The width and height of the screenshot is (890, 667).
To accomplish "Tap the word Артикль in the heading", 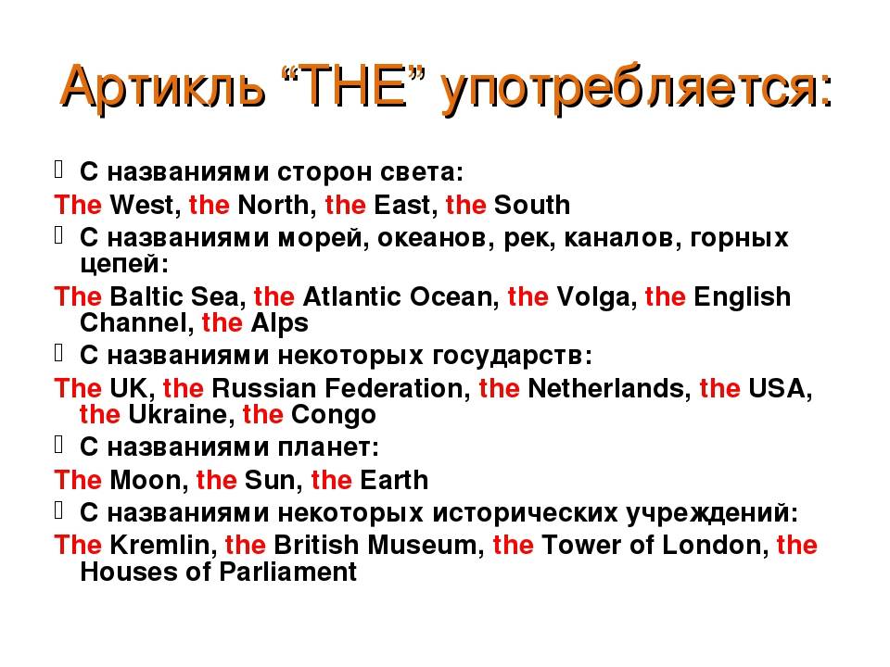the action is tap(162, 87).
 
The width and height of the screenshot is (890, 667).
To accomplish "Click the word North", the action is tap(273, 205).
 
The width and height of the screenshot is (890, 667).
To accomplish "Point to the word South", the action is tap(532, 205).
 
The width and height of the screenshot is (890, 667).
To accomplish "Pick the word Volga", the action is tap(592, 297).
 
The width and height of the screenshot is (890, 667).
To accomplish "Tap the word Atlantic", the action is tap(352, 296).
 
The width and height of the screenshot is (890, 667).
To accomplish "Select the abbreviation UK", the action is tap(129, 388).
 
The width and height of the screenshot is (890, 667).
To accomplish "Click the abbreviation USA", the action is tap(777, 388).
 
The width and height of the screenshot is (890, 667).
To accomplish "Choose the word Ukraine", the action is tap(178, 415).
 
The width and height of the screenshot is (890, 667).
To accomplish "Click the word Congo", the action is tap(333, 416).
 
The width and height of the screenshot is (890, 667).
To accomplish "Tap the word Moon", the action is tap(145, 481).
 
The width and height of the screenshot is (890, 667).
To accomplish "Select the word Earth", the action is tap(394, 481).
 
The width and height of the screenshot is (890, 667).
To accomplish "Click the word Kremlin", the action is tap(159, 545).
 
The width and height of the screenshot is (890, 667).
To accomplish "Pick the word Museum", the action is tap(422, 545).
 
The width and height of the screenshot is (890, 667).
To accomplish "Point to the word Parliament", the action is tap(287, 572).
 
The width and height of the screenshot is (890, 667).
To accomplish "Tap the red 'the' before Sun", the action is tap(216, 481).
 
